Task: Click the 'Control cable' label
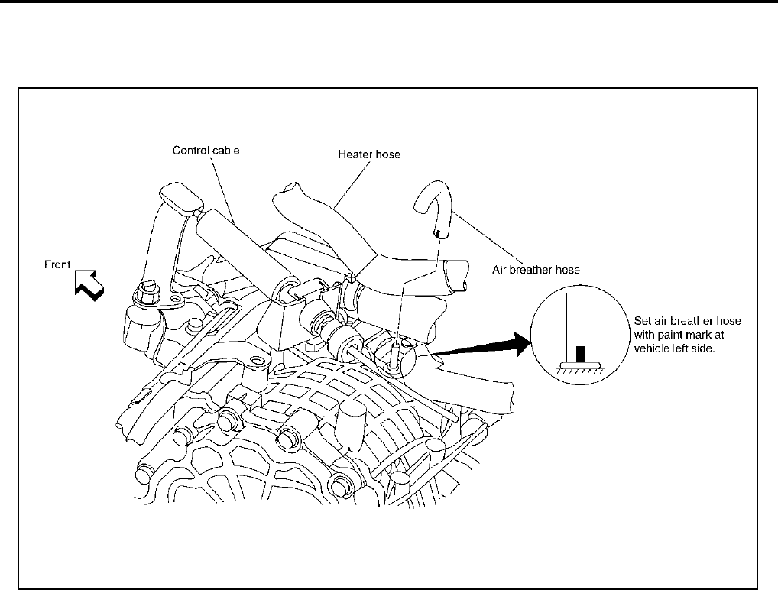point(205,151)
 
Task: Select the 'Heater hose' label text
point(369,154)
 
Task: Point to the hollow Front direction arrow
point(89,284)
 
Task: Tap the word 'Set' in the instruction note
point(643,321)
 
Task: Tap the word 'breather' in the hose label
point(536,269)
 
